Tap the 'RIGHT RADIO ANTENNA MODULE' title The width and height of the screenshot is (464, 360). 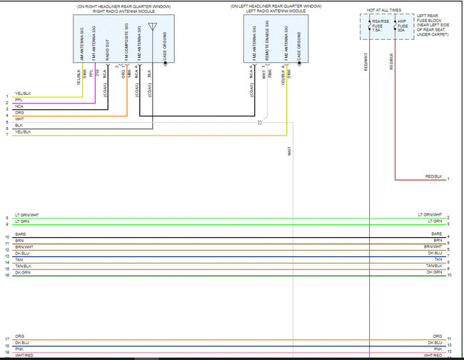119,11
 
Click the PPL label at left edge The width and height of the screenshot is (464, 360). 19,100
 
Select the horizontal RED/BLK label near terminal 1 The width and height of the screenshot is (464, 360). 434,176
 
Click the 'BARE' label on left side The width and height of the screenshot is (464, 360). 19,234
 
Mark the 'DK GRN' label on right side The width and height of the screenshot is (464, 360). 435,272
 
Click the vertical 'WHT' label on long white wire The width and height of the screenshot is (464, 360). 290,151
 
